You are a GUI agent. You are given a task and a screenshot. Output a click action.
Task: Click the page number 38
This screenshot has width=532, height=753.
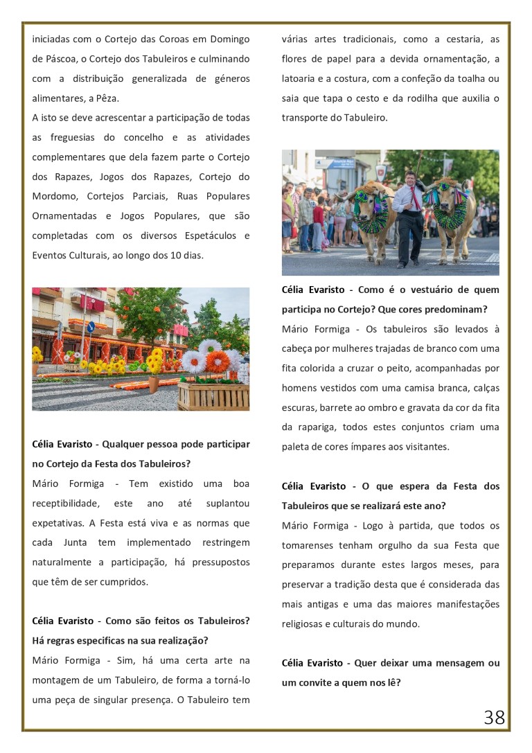click(x=494, y=717)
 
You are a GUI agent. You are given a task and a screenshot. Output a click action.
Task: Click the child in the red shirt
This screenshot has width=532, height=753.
click(x=318, y=215)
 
